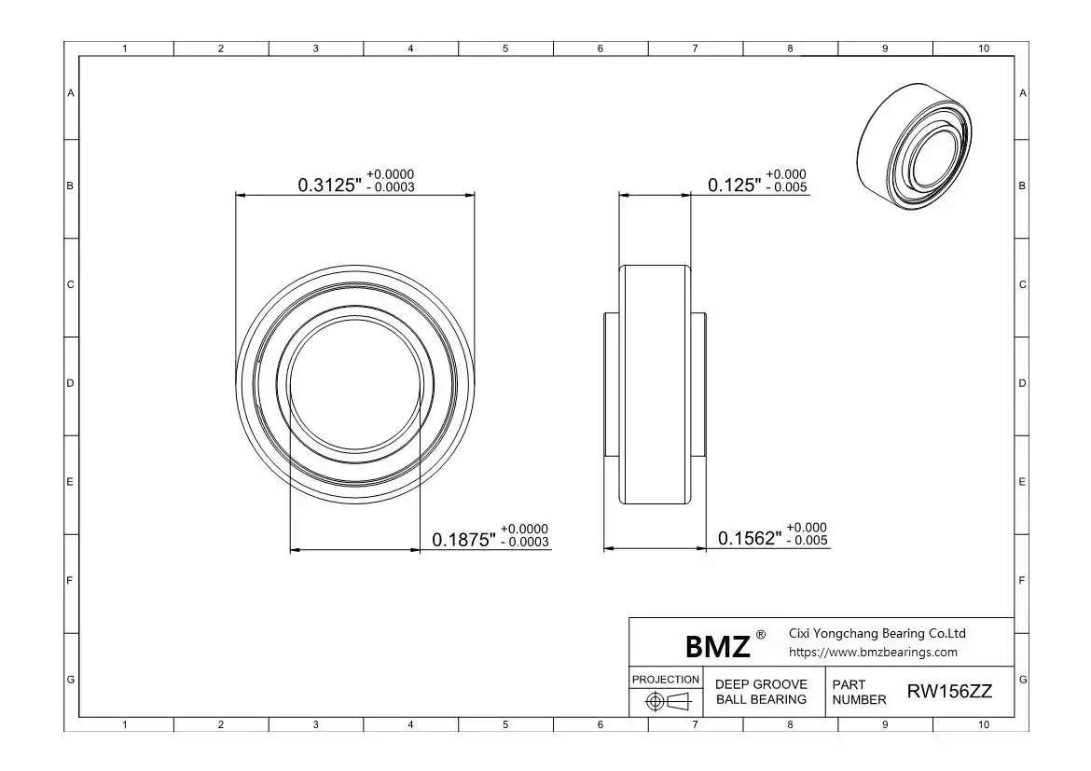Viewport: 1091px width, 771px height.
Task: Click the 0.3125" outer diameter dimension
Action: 330,186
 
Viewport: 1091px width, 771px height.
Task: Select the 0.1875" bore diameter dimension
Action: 464,539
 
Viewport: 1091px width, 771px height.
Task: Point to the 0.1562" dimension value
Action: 750,538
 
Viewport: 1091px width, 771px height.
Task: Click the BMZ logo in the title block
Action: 717,646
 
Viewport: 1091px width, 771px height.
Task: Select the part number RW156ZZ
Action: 949,692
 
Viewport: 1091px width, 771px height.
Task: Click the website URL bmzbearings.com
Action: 873,652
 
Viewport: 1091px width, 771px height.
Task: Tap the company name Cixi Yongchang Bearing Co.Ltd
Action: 877,633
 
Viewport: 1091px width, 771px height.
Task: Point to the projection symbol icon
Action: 667,701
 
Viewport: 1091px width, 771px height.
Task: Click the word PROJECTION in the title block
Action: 665,679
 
